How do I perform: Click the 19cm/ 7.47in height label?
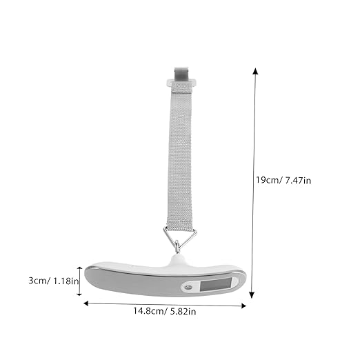pyautogui.click(x=283, y=180)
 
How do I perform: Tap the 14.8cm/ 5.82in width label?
pyautogui.click(x=165, y=311)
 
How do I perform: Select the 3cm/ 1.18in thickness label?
pyautogui.click(x=54, y=281)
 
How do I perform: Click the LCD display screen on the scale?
pyautogui.click(x=216, y=284)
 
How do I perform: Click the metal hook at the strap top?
pyautogui.click(x=181, y=73)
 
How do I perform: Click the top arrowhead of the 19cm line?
pyautogui.click(x=255, y=71)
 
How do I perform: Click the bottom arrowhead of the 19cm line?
pyautogui.click(x=252, y=295)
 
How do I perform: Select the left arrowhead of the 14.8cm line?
pyautogui.click(x=86, y=303)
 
